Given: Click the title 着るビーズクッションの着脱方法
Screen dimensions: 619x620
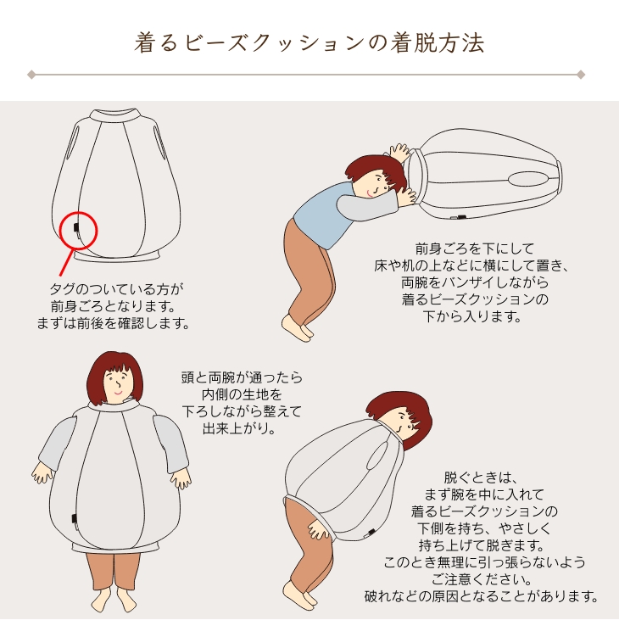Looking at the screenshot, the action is pyautogui.click(x=309, y=42).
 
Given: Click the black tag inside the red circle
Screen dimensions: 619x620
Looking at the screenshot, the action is pyautogui.click(x=75, y=226).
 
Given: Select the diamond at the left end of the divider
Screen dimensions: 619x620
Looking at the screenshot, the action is pyautogui.click(x=31, y=75).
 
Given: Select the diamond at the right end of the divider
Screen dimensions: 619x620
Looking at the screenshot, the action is pyautogui.click(x=581, y=75).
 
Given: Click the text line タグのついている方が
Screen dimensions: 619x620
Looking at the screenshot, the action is pyautogui.click(x=117, y=289).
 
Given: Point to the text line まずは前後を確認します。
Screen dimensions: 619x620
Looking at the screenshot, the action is pyautogui.click(x=114, y=323).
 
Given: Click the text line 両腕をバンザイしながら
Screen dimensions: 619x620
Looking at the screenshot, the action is pyautogui.click(x=475, y=282).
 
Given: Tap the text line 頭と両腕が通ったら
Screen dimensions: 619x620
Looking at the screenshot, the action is pyautogui.click(x=242, y=377).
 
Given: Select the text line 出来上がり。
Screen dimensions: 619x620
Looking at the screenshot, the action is pyautogui.click(x=239, y=428).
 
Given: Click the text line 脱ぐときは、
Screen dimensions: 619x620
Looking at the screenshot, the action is pyautogui.click(x=481, y=478).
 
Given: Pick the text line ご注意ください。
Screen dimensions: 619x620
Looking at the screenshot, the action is pyautogui.click(x=481, y=579).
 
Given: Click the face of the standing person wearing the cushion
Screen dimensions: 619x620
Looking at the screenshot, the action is pyautogui.click(x=117, y=385).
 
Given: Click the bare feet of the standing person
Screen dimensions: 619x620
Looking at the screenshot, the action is pyautogui.click(x=114, y=599).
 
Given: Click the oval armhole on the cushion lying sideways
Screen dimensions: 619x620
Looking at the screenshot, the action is pyautogui.click(x=528, y=179).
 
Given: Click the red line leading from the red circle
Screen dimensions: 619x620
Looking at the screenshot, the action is pyautogui.click(x=66, y=262).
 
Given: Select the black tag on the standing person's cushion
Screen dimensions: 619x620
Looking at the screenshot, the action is pyautogui.click(x=74, y=518).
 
